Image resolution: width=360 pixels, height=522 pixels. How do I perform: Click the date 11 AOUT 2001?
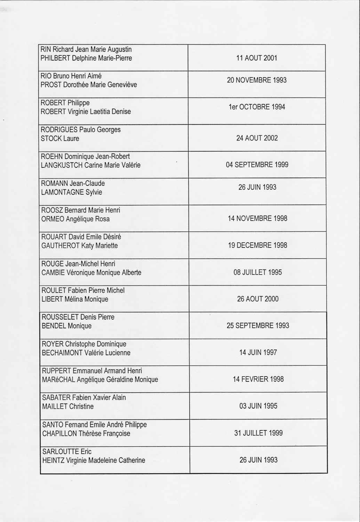[257, 58]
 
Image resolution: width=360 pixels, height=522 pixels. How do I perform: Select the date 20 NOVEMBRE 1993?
[257, 80]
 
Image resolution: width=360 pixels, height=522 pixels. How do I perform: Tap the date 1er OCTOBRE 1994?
[257, 107]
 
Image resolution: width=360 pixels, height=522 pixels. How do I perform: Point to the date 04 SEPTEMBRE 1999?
[257, 165]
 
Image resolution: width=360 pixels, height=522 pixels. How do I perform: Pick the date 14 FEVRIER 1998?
[258, 379]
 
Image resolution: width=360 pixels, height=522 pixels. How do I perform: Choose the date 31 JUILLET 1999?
[258, 433]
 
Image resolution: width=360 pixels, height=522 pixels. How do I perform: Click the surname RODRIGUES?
[59, 130]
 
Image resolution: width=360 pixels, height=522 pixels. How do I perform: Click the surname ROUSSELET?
[60, 317]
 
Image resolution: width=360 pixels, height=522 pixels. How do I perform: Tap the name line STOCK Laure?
[60, 139]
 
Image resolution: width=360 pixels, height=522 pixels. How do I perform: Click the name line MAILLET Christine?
[68, 406]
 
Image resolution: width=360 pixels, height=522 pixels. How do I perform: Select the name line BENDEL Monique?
[67, 326]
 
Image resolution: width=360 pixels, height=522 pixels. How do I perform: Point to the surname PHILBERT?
[55, 58]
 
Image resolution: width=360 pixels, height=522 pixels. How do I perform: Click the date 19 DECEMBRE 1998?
[257, 245]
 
